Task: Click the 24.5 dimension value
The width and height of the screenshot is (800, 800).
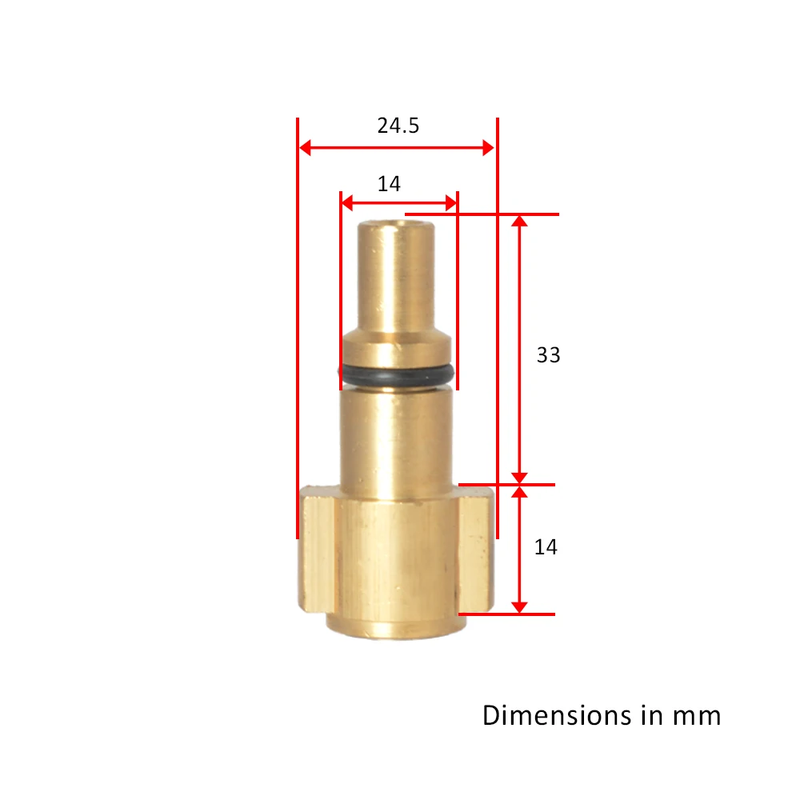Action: click(x=398, y=126)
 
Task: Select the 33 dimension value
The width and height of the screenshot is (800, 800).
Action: click(x=548, y=354)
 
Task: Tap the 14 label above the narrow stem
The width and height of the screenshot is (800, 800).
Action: click(x=389, y=184)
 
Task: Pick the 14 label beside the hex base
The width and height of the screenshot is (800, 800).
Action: click(x=546, y=547)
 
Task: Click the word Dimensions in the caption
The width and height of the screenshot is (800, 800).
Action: click(x=552, y=714)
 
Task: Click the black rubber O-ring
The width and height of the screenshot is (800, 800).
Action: click(x=397, y=372)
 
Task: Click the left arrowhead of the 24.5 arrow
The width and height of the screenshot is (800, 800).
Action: click(x=305, y=147)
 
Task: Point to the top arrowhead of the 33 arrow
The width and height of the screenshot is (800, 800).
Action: click(x=520, y=222)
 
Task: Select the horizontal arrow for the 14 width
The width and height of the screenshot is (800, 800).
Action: click(x=398, y=203)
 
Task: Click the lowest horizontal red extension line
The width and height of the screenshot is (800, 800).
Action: click(x=506, y=614)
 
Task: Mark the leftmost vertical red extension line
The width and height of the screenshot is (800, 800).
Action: click(x=297, y=328)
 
